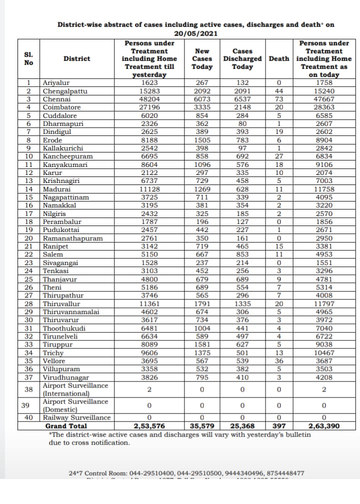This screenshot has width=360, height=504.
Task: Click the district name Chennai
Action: (x=56, y=99)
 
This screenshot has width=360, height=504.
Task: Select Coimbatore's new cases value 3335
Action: (x=202, y=107)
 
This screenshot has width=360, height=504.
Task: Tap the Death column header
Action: (x=279, y=58)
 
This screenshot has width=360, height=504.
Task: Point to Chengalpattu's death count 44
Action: (x=279, y=91)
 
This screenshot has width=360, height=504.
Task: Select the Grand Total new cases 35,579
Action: (x=202, y=426)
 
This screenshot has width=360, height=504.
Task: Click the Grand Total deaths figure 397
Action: (x=279, y=426)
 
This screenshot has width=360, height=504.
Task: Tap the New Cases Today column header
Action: (x=202, y=58)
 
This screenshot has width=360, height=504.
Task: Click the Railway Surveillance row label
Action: (x=76, y=418)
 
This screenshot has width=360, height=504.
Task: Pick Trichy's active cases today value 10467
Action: (x=324, y=353)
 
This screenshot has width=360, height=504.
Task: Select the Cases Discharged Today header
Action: (x=242, y=58)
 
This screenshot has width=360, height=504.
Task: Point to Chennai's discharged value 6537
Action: (x=242, y=99)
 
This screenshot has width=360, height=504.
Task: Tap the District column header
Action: (x=77, y=58)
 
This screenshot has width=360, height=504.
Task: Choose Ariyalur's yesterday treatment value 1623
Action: (x=149, y=83)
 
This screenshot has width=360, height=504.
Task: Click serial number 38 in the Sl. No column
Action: (x=28, y=389)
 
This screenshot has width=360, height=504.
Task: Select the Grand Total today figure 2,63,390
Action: (x=324, y=426)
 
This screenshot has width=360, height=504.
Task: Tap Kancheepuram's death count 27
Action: (x=279, y=156)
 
